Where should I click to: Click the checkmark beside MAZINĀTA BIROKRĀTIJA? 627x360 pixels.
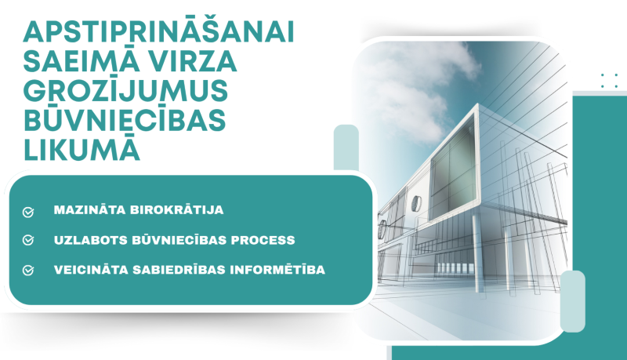coord(29,212)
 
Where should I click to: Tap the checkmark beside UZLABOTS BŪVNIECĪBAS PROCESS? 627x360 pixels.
coord(29,240)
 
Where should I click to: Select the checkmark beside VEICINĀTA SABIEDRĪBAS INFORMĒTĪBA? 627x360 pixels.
coord(29,270)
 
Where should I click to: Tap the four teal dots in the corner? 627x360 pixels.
coord(608,81)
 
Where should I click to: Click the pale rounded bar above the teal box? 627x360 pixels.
coord(346,147)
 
